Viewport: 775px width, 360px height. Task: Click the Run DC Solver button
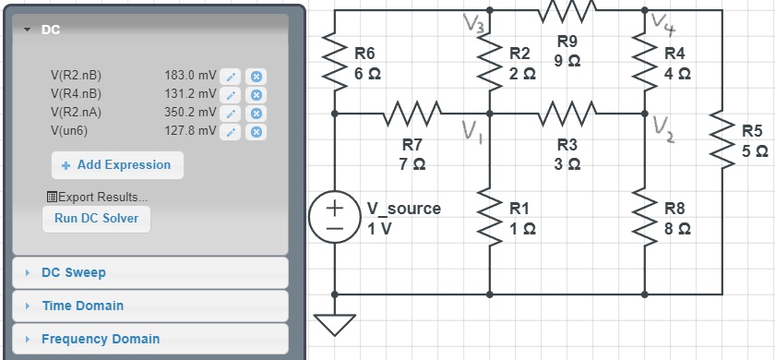96,219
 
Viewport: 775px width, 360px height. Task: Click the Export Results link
96,197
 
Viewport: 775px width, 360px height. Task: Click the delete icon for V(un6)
257,131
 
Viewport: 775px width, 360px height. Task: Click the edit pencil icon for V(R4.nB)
233,94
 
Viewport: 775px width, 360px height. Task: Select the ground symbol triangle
334,324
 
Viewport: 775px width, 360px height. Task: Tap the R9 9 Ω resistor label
567,51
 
